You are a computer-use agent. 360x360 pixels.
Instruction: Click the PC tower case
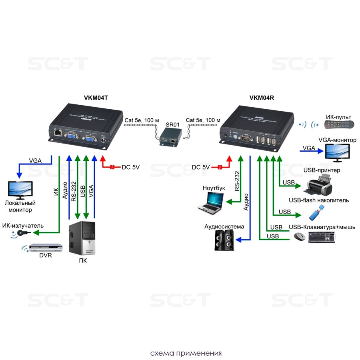click(x=82, y=238)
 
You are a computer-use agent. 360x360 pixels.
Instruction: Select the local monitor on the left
click(x=21, y=190)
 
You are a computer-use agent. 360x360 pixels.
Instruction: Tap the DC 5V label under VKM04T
click(x=130, y=167)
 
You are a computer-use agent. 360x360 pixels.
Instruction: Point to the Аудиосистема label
click(x=224, y=226)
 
